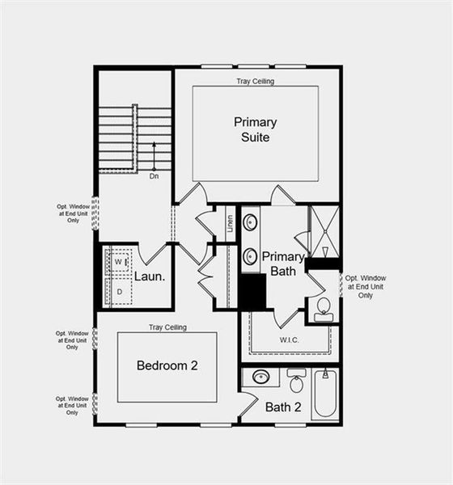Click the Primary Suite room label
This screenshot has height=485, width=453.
pos(256,129)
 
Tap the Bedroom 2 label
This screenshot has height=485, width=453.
pos(167,365)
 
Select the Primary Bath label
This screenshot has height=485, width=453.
pos(282,264)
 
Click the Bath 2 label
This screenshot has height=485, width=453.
pos(283,407)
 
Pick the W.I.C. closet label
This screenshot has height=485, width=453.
pos(290,340)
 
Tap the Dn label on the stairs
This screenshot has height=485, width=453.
pos(155,175)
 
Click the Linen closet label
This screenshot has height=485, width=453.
pos(231,221)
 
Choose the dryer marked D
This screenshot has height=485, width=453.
pos(119,290)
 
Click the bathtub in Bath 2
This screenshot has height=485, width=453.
pos(326,394)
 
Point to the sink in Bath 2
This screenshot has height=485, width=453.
pos(261,377)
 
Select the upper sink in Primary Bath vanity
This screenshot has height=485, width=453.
pos(251,221)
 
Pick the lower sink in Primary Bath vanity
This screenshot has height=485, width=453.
pos(251,256)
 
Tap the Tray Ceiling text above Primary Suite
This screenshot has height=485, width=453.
pos(255,82)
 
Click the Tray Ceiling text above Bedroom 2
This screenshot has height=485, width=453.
pos(167,327)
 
